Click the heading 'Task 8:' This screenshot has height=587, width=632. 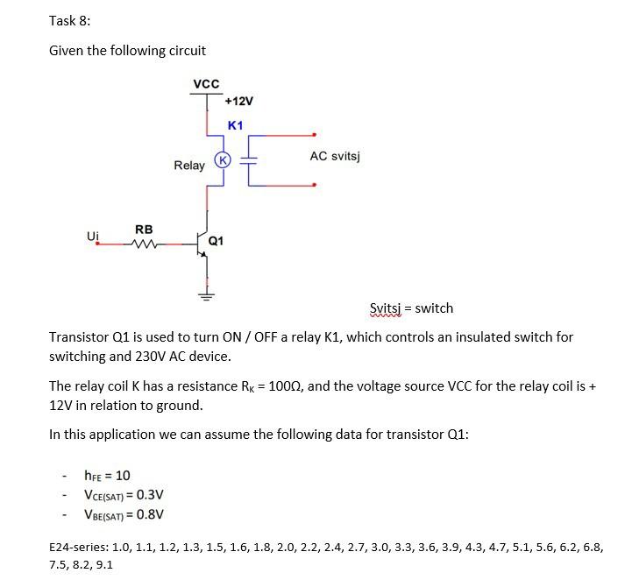pyautogui.click(x=70, y=21)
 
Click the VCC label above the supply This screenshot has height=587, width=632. pyautogui.click(x=206, y=84)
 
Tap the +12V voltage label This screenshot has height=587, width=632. pyautogui.click(x=238, y=102)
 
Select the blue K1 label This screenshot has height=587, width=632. pyautogui.click(x=235, y=125)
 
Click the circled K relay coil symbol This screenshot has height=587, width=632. pyautogui.click(x=224, y=159)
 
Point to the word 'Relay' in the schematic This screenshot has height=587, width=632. pyautogui.click(x=189, y=165)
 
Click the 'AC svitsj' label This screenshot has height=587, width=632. pyautogui.click(x=335, y=156)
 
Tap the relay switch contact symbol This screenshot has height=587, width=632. pyautogui.click(x=250, y=160)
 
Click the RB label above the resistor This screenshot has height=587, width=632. pyautogui.click(x=144, y=230)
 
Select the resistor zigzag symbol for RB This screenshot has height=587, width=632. pyautogui.click(x=143, y=244)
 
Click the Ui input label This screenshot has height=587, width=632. pyautogui.click(x=93, y=237)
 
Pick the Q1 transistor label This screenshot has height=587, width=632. pyautogui.click(x=217, y=240)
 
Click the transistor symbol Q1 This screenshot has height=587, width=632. pyautogui.click(x=202, y=244)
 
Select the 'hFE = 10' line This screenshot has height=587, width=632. pyautogui.click(x=107, y=476)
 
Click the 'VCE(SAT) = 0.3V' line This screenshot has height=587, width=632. pyautogui.click(x=124, y=495)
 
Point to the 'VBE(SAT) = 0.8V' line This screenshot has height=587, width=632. pyautogui.click(x=124, y=514)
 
